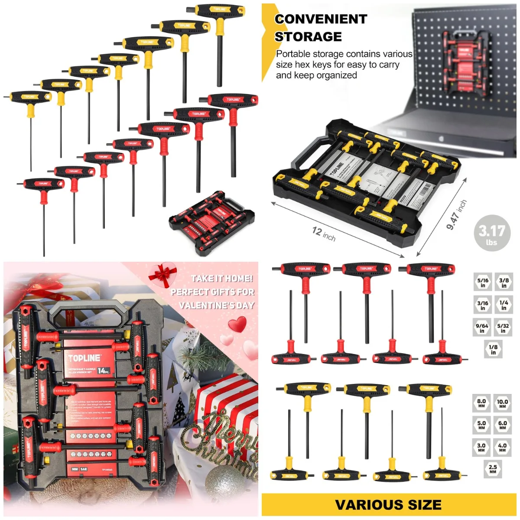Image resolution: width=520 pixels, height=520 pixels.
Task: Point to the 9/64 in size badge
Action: click(482, 328)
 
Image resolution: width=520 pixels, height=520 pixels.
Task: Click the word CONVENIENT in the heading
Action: click(321, 19)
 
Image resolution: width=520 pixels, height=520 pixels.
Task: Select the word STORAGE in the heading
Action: click(308, 36)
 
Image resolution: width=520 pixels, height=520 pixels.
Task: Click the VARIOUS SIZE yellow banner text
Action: click(388, 505)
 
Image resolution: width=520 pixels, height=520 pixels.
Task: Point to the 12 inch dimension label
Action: click(324, 234)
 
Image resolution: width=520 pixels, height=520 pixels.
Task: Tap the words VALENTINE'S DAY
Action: click(217, 305)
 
